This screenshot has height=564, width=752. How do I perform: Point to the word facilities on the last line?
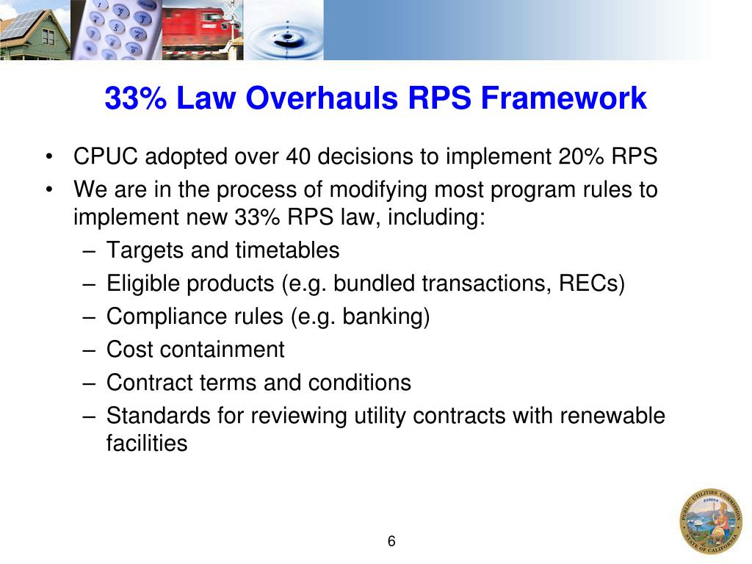point(147,444)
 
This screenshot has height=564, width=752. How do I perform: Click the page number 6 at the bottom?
point(391,542)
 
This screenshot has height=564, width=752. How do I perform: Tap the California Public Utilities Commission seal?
point(710,521)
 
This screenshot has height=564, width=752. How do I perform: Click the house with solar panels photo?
point(35,30)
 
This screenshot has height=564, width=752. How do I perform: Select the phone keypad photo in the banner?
point(116,30)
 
